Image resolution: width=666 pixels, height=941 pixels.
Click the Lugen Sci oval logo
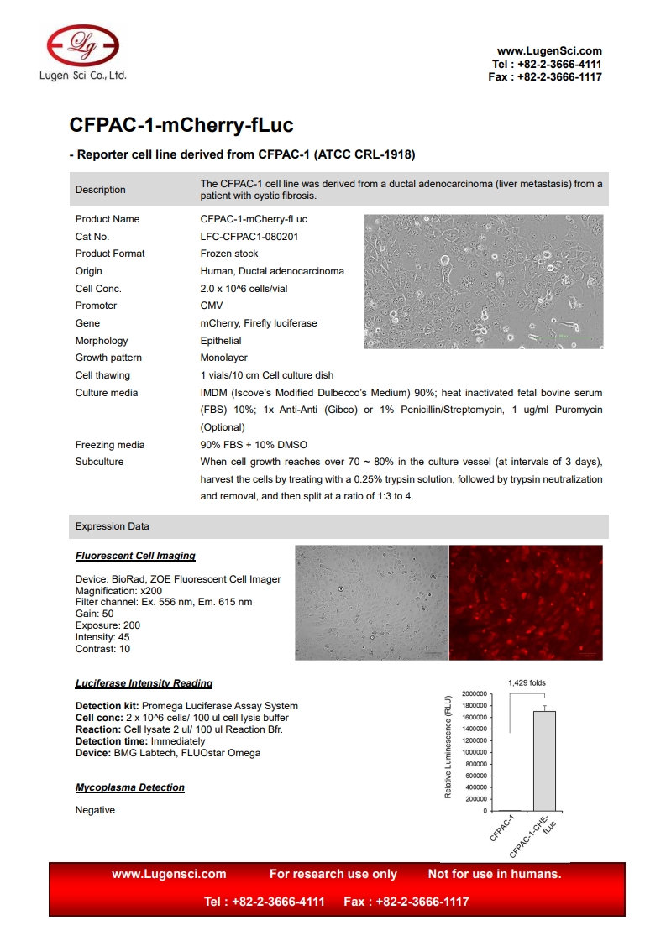point(82,45)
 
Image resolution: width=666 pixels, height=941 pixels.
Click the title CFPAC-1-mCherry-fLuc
point(181,126)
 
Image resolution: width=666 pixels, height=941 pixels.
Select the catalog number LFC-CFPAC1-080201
point(249,237)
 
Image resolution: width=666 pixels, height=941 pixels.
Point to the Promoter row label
point(96,306)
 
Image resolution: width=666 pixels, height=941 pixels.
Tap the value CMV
point(212,306)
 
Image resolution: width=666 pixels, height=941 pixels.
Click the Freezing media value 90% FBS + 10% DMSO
point(254,445)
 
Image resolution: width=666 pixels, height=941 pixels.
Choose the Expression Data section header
point(113,526)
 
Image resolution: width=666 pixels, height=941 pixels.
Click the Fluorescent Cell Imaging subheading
point(135,556)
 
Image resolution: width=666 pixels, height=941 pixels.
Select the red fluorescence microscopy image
point(526,603)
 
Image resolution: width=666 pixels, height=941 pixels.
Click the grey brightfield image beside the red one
point(371,603)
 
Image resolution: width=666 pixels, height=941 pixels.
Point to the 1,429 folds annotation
point(527,682)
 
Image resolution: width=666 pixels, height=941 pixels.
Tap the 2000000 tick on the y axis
point(474,694)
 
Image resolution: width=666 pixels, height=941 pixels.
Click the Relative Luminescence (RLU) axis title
point(448,747)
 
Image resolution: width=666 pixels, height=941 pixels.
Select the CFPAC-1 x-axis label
point(502,828)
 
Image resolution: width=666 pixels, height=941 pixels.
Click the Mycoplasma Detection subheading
point(130,787)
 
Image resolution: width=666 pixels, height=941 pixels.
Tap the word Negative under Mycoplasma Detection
point(95,810)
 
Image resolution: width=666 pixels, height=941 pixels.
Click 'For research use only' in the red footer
point(333,874)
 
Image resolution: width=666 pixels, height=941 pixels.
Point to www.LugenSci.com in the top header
point(549,51)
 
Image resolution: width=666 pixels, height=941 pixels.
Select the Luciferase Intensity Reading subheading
point(144,683)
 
